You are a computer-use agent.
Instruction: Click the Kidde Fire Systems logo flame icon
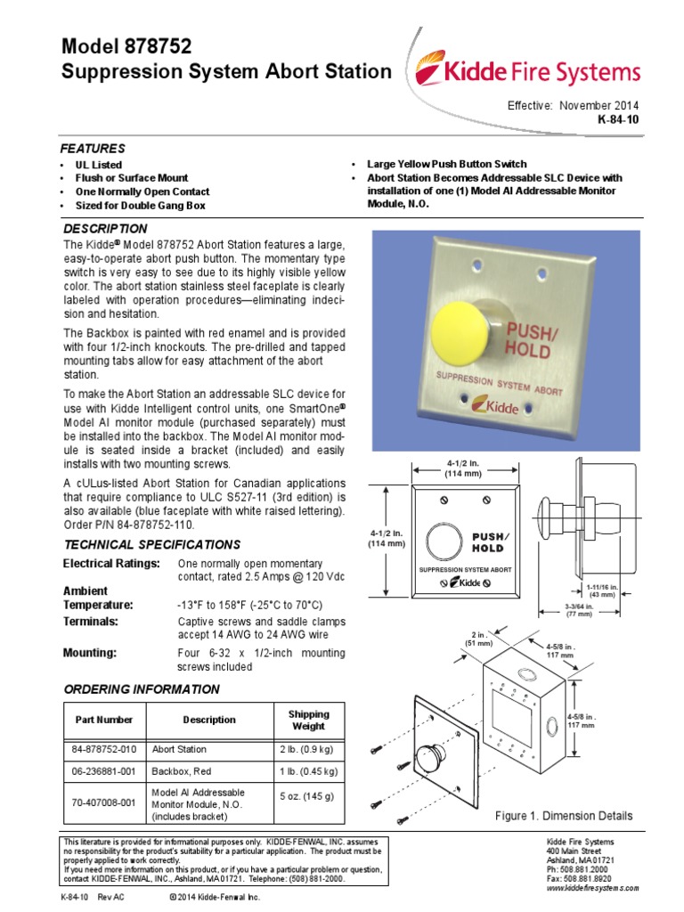[436, 72]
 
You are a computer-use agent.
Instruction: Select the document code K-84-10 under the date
[617, 118]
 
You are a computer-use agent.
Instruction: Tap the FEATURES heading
[92, 148]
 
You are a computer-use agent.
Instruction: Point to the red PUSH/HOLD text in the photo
[534, 340]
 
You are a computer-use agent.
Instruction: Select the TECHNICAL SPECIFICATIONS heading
[151, 544]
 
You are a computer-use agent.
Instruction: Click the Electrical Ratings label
[111, 564]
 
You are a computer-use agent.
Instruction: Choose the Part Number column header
[103, 720]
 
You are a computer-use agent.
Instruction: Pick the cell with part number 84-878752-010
[103, 750]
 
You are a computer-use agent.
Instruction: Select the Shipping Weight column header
[308, 720]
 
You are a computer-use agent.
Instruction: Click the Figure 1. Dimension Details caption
[564, 816]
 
